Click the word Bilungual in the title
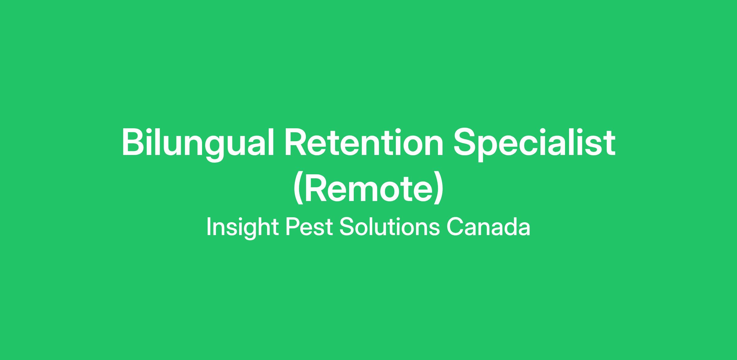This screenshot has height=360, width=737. point(198,144)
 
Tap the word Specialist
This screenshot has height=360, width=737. point(535,144)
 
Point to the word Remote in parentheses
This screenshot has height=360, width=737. point(368,188)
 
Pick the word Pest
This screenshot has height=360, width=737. point(309,227)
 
